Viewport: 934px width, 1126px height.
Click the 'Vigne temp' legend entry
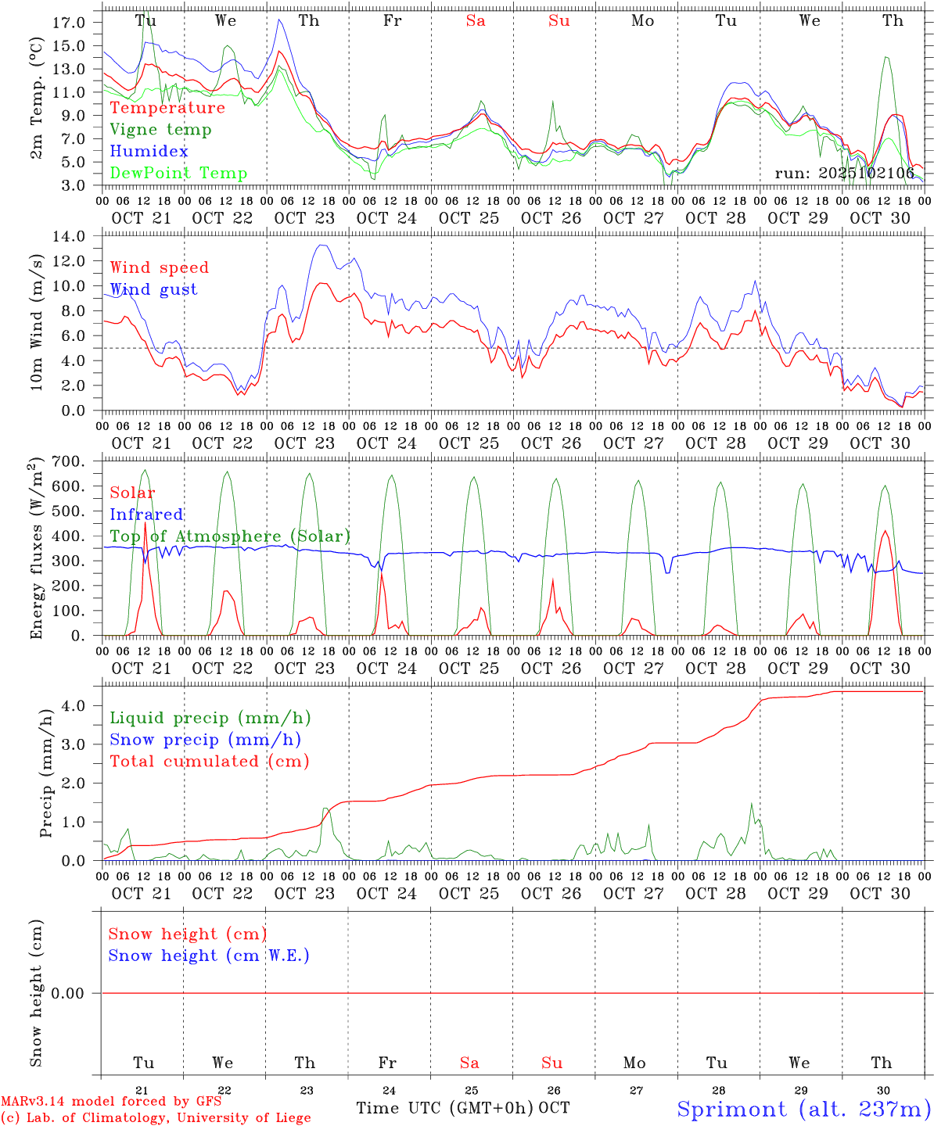click(x=160, y=130)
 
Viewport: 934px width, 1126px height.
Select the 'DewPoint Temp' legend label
click(x=178, y=174)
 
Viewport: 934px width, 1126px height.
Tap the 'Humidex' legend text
click(x=149, y=152)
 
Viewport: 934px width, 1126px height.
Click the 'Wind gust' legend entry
click(x=153, y=289)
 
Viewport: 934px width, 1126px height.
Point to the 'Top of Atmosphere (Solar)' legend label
click(x=230, y=536)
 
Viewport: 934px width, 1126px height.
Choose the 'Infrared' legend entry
click(x=146, y=515)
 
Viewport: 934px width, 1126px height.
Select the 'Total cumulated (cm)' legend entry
click(x=209, y=762)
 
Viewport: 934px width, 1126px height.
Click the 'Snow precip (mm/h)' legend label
click(x=205, y=740)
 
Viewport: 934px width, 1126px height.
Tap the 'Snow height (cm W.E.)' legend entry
click(x=209, y=956)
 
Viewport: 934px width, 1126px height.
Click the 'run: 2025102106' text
click(x=844, y=173)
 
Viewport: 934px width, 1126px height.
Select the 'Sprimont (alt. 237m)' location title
click(x=803, y=1109)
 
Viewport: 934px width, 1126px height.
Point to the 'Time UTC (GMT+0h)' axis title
click(x=444, y=1108)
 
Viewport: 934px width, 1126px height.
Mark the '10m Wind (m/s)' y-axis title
click(x=37, y=323)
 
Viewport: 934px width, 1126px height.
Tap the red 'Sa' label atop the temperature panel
click(x=476, y=21)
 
